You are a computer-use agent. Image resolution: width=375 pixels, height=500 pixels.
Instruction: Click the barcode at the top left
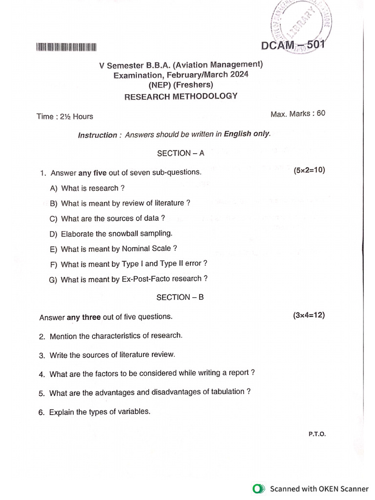coord(67,47)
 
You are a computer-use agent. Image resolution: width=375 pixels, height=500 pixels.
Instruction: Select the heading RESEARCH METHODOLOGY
coord(181,97)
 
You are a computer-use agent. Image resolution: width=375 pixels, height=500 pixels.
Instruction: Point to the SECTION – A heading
coord(180,153)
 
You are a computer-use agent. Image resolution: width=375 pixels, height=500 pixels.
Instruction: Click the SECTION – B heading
coord(180,297)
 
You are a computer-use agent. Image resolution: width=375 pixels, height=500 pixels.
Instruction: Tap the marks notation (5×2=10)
coord(309,170)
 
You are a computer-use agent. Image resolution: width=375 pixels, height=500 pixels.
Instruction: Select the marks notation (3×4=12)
coord(309,315)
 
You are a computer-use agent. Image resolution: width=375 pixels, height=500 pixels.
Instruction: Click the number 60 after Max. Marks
coord(321,113)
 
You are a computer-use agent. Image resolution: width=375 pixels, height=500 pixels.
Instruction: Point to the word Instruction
coord(98,135)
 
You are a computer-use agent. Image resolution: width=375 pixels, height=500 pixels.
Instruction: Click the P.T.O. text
coord(317,434)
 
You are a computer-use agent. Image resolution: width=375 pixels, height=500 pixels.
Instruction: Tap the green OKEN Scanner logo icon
coord(258,489)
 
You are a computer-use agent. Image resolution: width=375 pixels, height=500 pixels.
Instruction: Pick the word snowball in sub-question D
coord(123,234)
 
